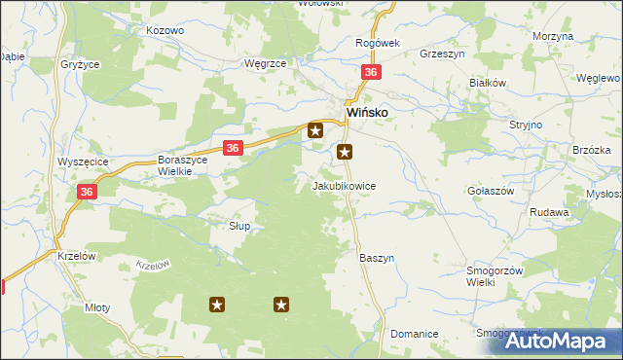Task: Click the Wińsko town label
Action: (369, 112)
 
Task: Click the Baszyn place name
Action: (377, 258)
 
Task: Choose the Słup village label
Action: (239, 226)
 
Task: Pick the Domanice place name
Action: (414, 333)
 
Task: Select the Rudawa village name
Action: (549, 211)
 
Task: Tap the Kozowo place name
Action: (165, 30)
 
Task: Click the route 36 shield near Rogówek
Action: (370, 73)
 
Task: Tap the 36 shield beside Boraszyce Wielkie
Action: (232, 148)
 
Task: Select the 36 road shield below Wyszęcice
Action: (87, 193)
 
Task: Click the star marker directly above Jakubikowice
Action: (345, 152)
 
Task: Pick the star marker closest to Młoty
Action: (217, 305)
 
